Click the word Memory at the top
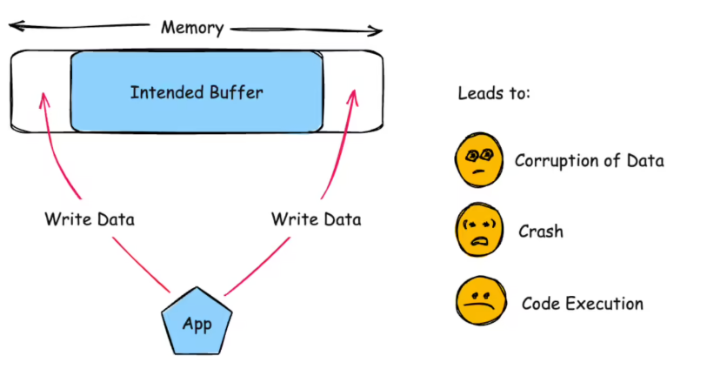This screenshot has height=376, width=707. [191, 28]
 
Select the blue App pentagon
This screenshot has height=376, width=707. [197, 324]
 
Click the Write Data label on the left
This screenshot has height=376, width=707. [90, 218]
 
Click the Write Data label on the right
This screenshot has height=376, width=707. [316, 218]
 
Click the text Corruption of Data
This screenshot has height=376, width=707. [589, 161]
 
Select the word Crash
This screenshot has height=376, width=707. [540, 232]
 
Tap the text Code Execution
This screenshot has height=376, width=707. [582, 304]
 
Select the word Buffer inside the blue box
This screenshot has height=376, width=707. [234, 91]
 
